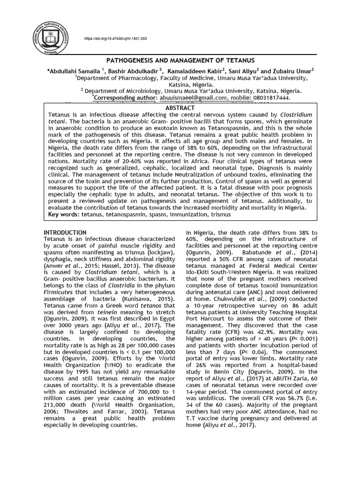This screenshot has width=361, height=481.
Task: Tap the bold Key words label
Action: (x=63, y=214)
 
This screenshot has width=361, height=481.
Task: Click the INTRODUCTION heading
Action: (x=65, y=233)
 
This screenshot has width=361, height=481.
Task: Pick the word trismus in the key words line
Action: (x=220, y=214)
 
